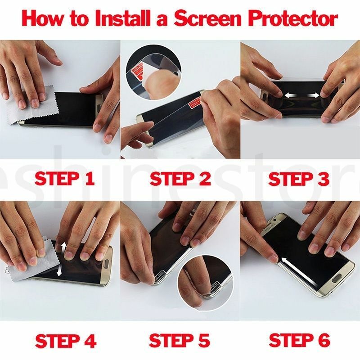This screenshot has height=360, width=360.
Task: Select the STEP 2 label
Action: tap(180, 179)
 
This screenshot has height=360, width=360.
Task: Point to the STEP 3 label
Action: tap(299, 179)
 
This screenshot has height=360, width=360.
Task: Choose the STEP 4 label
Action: tap(66, 341)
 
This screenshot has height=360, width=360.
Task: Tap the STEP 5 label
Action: tap(180, 341)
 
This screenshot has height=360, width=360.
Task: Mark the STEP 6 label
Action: tap(299, 341)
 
